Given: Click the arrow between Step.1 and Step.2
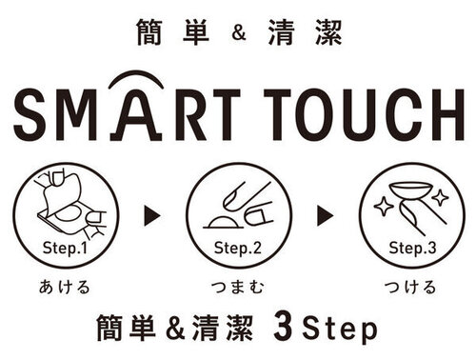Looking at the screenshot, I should click(x=150, y=215).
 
